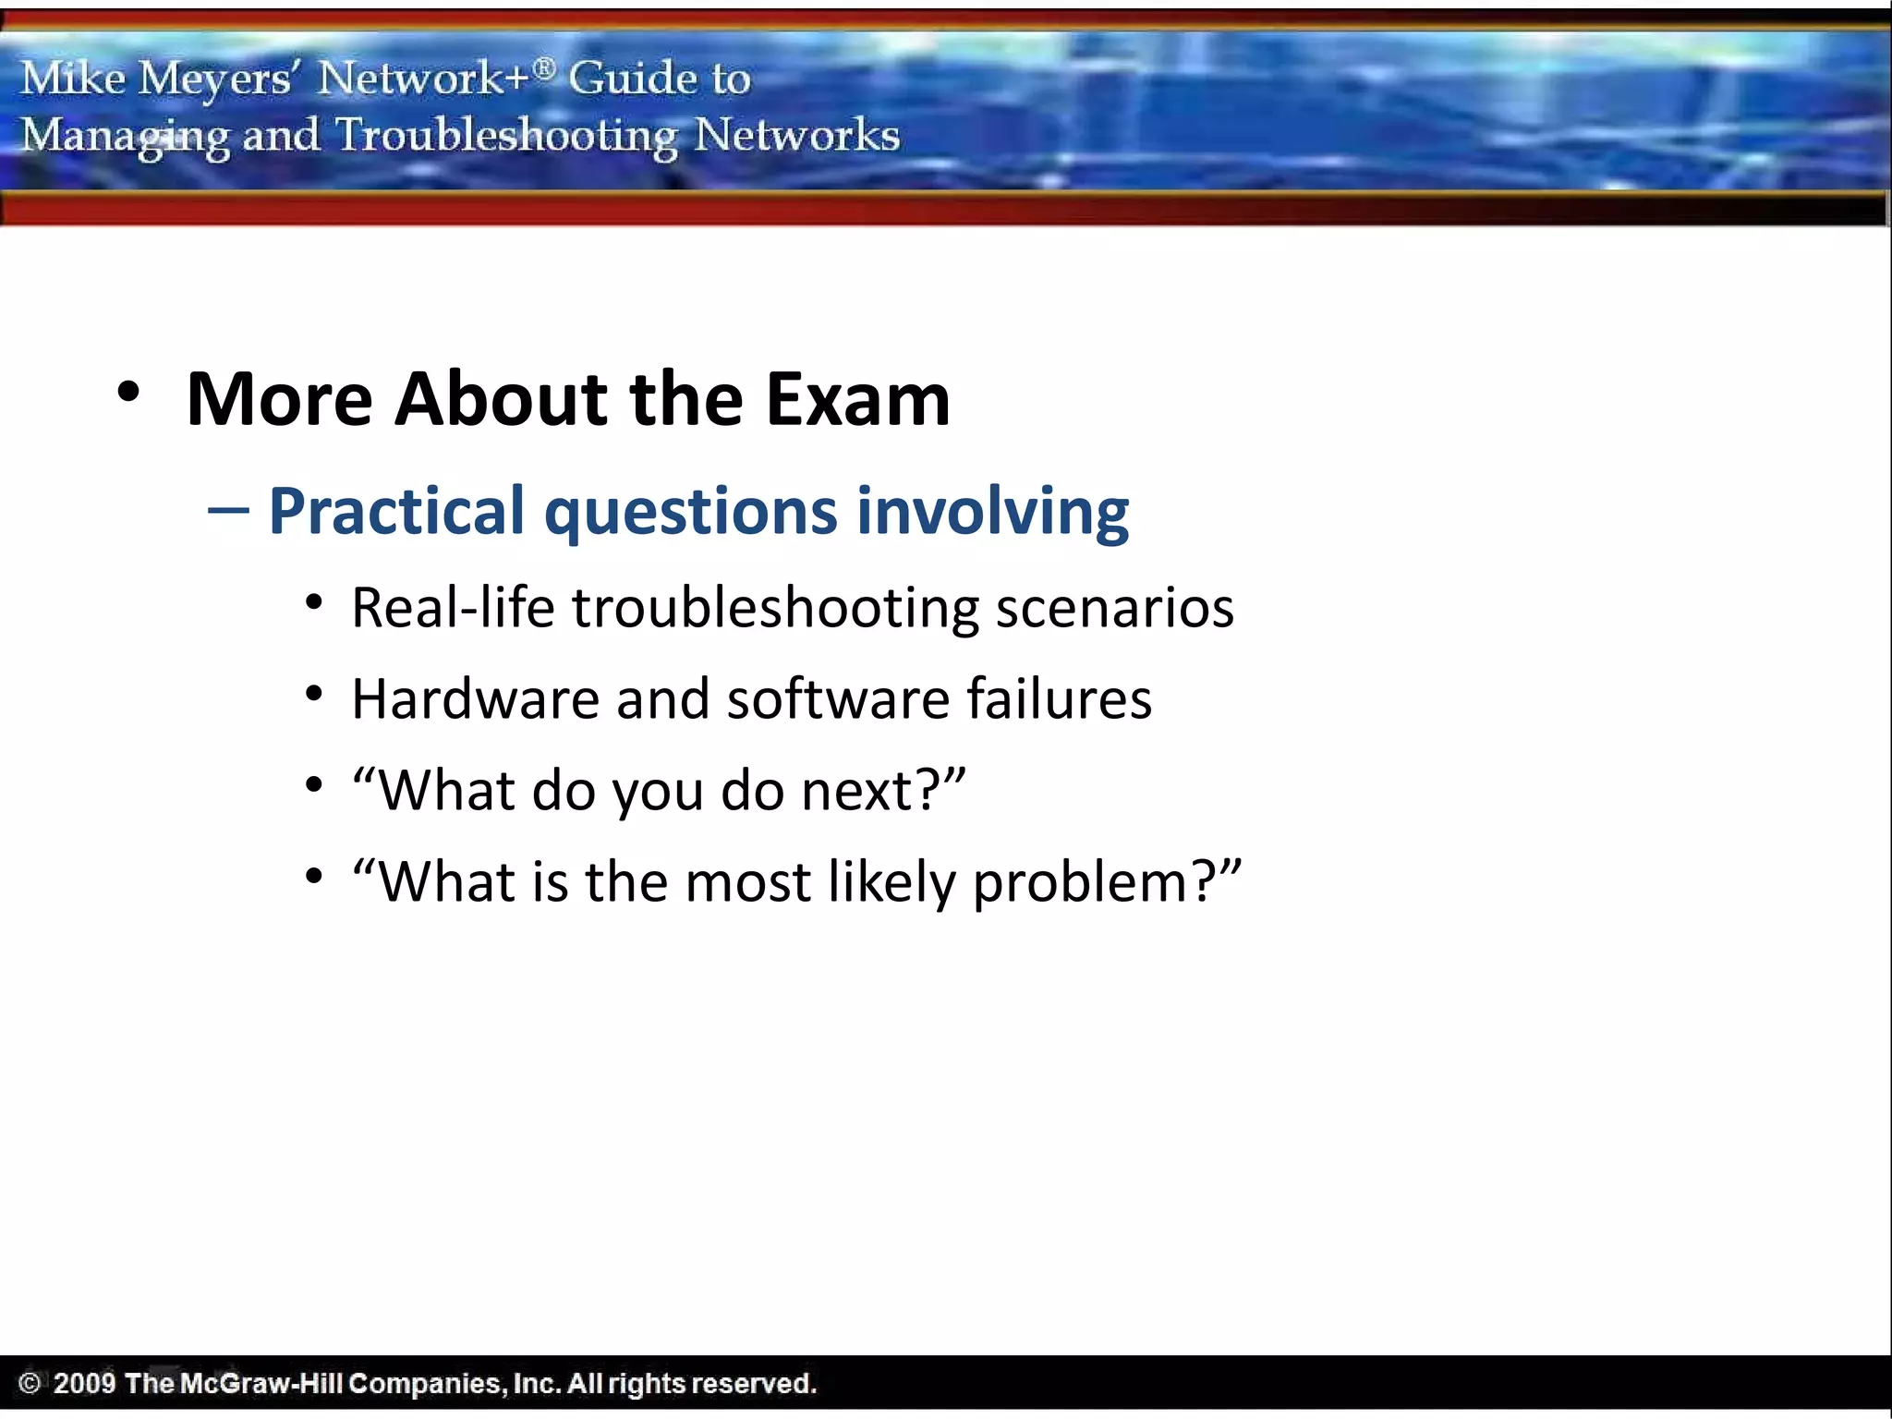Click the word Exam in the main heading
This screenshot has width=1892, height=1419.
(857, 399)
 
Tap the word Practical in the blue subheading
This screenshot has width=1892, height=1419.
(396, 511)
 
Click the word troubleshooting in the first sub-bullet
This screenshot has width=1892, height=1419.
(776, 609)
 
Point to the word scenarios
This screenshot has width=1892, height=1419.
(1114, 609)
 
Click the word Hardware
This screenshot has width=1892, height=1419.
(475, 699)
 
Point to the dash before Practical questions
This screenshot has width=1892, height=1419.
(228, 511)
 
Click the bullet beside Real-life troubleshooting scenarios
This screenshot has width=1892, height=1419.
(314, 603)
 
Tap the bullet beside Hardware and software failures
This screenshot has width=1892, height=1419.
(314, 694)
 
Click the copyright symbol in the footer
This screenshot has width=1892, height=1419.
(30, 1383)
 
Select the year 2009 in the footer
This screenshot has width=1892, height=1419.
(84, 1383)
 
